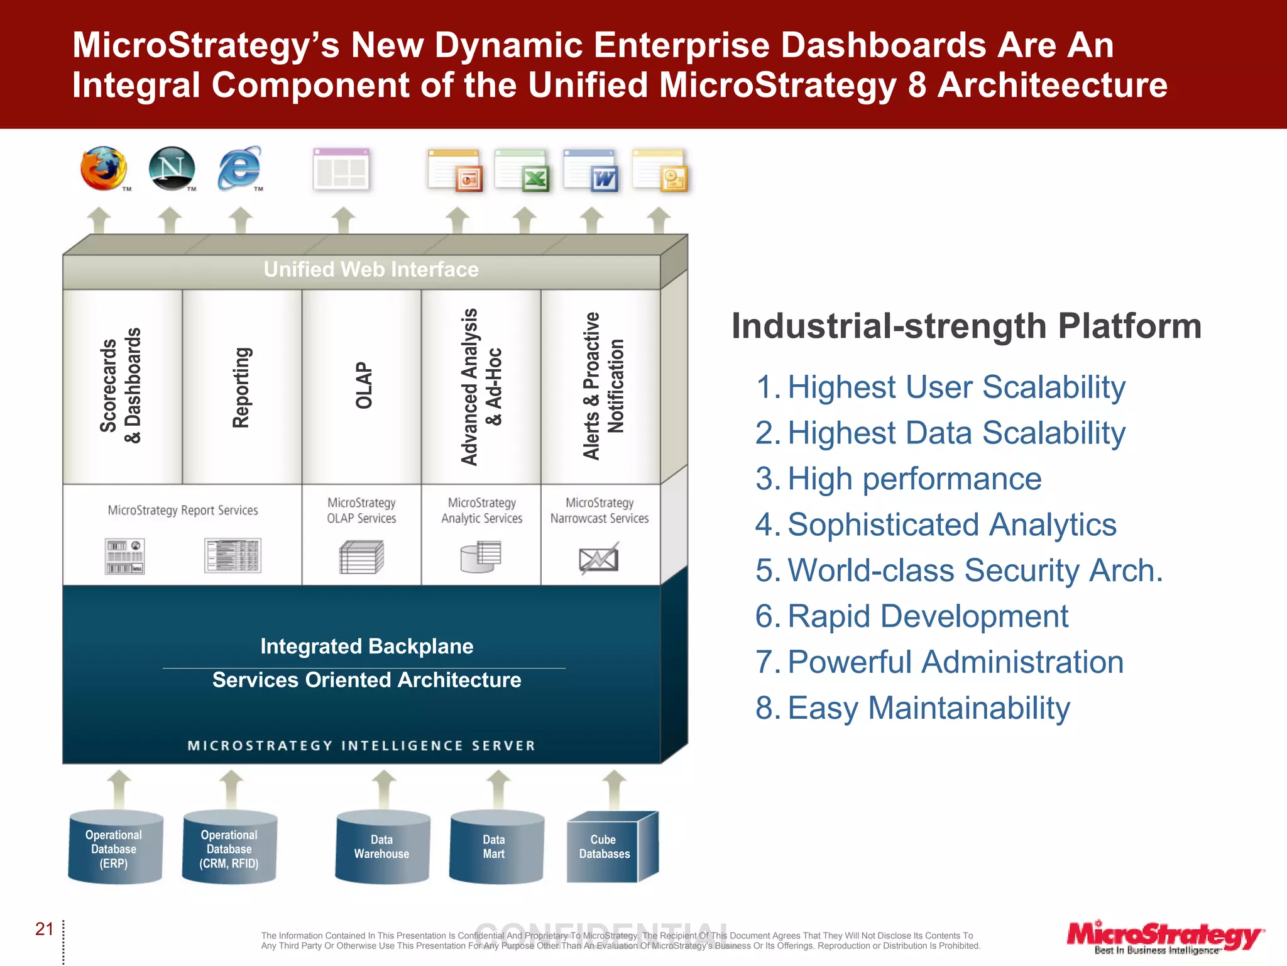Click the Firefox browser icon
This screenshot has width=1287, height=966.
click(x=104, y=169)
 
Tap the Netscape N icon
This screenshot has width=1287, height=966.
click(x=172, y=168)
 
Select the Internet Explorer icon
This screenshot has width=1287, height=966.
click(x=239, y=168)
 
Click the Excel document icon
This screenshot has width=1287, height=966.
click(x=522, y=170)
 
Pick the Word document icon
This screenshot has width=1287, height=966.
click(x=591, y=170)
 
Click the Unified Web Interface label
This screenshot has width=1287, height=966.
click(x=371, y=270)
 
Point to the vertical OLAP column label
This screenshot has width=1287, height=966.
click(x=364, y=386)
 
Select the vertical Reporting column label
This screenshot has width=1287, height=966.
click(x=242, y=387)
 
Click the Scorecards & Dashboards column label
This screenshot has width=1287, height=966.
click(x=121, y=386)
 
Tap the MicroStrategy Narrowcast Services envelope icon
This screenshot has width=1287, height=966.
click(x=598, y=558)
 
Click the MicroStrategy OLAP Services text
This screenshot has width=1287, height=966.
click(x=361, y=511)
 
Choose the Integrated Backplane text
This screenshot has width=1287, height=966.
click(x=366, y=647)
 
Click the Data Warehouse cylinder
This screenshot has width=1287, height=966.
click(x=382, y=847)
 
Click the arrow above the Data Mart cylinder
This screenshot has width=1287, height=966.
click(x=498, y=788)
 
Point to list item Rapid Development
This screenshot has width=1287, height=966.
click(x=927, y=616)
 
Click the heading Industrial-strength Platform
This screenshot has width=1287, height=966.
click(x=966, y=326)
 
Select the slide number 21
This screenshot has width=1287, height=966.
click(x=45, y=929)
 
